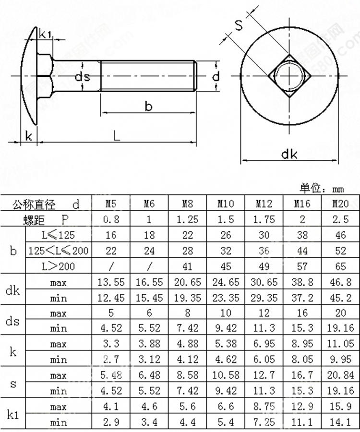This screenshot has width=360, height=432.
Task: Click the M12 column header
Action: coord(264,204)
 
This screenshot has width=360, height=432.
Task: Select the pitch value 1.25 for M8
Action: coord(187,220)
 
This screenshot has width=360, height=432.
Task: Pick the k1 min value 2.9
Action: coord(110,423)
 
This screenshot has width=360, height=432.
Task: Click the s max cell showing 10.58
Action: coord(226,375)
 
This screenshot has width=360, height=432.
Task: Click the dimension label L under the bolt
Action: coord(117,136)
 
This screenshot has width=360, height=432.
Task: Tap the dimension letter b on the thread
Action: coord(148,106)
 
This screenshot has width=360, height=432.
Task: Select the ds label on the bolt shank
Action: coord(82,77)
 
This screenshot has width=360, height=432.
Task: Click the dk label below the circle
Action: coord(289,154)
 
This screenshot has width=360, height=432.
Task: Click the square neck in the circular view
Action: coord(289,76)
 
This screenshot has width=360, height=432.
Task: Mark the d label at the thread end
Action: coord(216,76)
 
